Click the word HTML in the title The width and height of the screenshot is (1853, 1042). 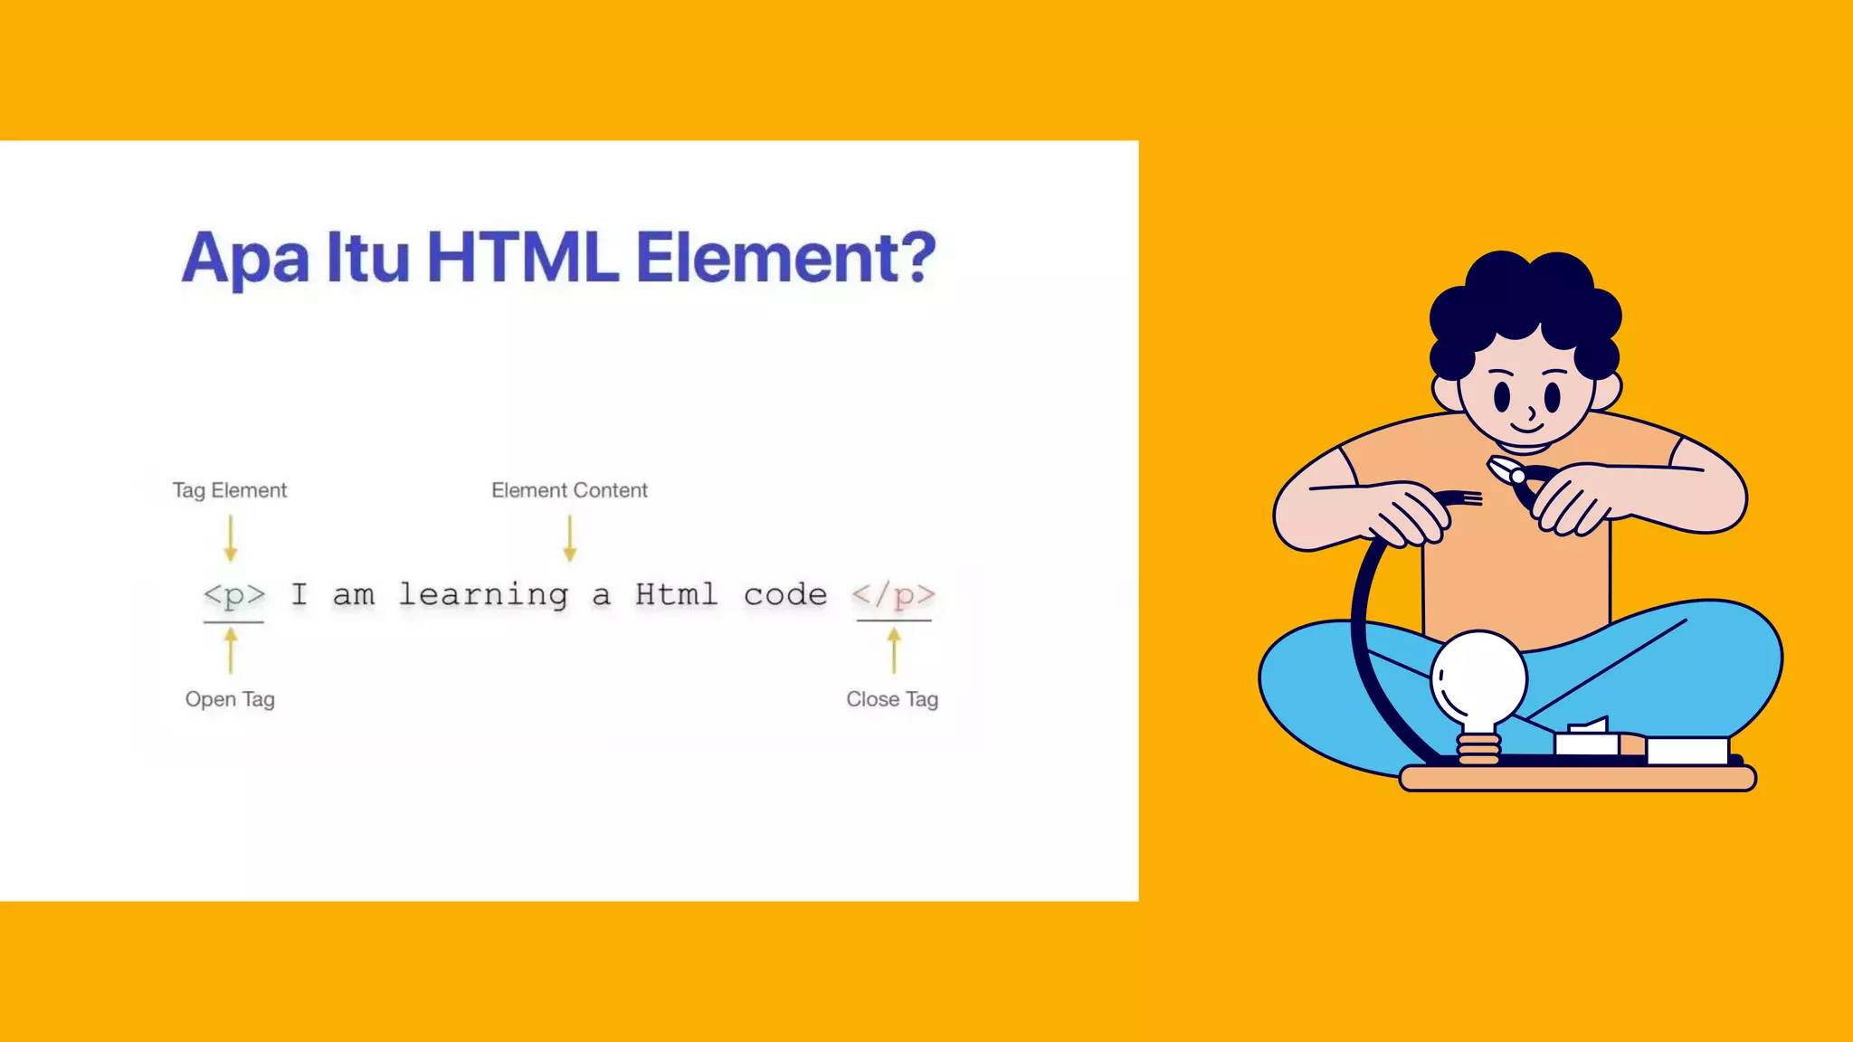click(x=522, y=258)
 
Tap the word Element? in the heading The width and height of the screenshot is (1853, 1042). click(x=785, y=258)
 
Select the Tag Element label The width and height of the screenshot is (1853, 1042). click(x=230, y=490)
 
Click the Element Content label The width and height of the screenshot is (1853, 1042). click(x=569, y=490)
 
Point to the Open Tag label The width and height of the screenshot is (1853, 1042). click(x=230, y=699)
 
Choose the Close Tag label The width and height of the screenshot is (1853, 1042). click(x=892, y=699)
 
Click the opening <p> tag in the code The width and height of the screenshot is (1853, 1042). click(x=234, y=595)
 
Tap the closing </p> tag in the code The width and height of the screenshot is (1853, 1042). click(x=893, y=595)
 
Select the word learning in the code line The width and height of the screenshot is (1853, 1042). click(x=484, y=595)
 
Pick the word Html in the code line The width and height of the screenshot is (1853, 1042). click(x=676, y=595)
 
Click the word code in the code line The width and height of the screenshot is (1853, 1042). click(x=785, y=595)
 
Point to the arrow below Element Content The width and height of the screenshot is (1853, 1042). click(x=569, y=539)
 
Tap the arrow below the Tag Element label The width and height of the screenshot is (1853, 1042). click(x=231, y=539)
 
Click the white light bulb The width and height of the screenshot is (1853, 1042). click(x=1478, y=678)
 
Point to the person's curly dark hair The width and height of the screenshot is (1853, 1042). click(x=1525, y=298)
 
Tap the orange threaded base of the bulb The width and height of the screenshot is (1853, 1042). click(x=1478, y=750)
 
